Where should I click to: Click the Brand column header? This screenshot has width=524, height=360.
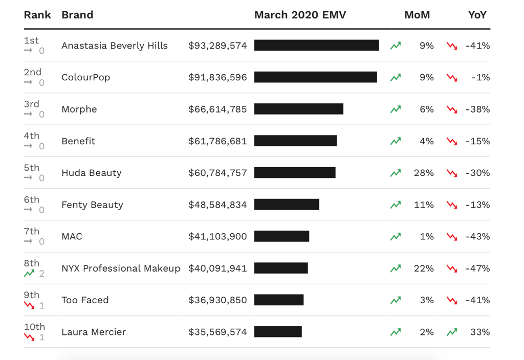(77, 15)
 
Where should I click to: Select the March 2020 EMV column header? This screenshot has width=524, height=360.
(300, 15)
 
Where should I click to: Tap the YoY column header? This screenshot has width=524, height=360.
(477, 15)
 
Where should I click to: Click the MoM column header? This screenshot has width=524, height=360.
(417, 15)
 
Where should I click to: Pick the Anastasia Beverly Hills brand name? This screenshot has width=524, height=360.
(115, 46)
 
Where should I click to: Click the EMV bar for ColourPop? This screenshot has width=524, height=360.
(315, 77)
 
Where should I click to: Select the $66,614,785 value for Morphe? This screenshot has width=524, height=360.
(217, 109)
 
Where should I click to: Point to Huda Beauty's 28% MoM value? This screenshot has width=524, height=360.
(424, 173)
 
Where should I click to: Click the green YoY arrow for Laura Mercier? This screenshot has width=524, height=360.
(451, 332)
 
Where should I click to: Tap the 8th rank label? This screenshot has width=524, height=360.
(32, 263)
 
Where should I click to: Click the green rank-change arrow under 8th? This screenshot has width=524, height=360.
(29, 274)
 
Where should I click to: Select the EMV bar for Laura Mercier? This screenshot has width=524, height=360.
(278, 332)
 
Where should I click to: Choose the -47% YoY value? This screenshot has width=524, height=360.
(477, 268)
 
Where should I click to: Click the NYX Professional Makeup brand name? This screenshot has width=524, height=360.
(121, 268)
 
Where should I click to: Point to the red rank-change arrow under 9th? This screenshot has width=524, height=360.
(29, 305)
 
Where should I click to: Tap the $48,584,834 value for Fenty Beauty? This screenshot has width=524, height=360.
(217, 205)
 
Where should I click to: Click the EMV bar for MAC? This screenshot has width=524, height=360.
(281, 236)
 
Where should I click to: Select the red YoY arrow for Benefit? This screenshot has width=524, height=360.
(451, 141)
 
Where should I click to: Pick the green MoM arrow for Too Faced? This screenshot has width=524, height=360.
(396, 300)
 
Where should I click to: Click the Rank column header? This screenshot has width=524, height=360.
(37, 15)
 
